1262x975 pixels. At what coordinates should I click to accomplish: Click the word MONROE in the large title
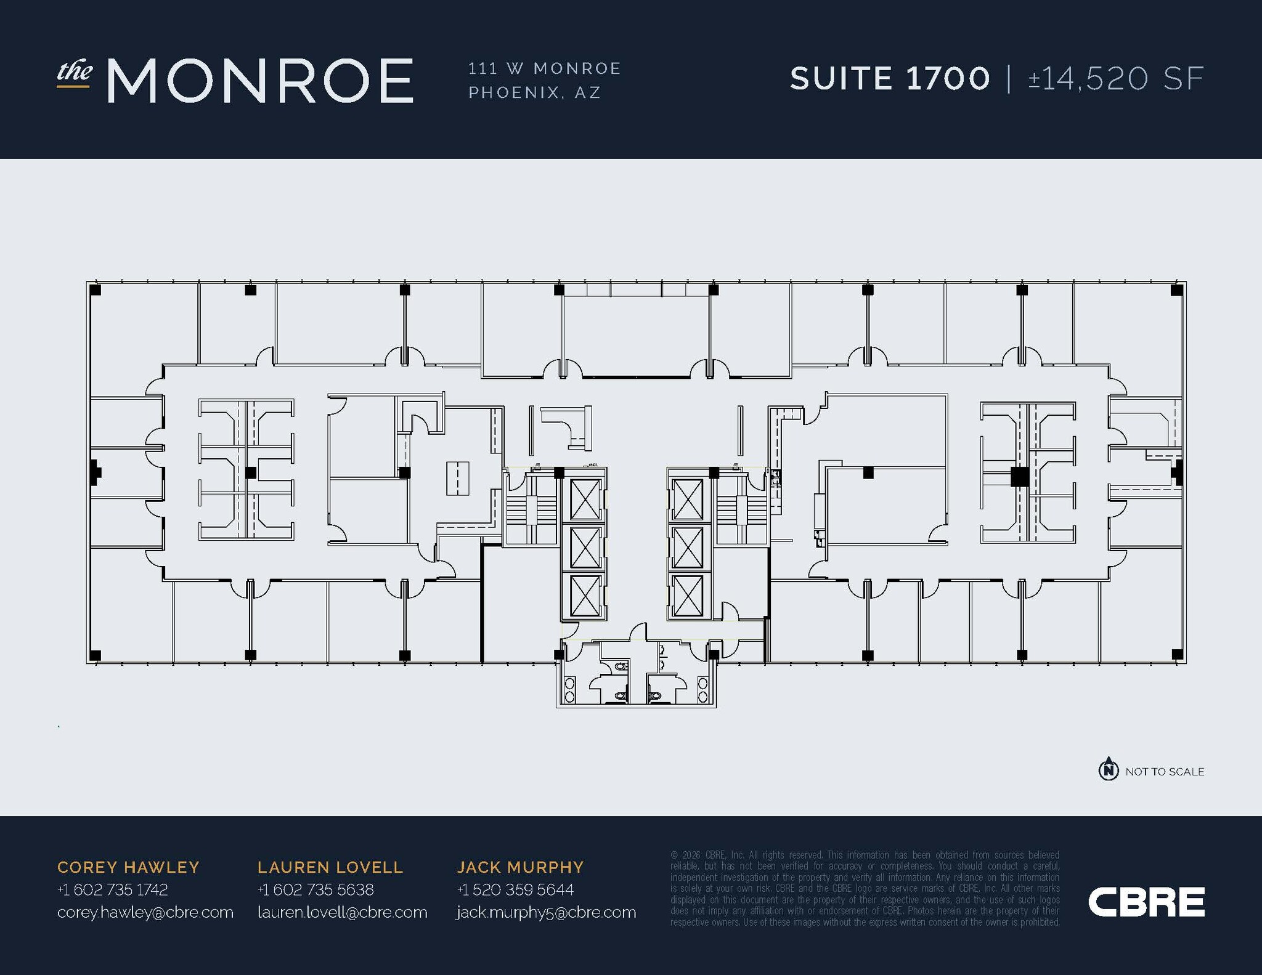pyautogui.click(x=260, y=80)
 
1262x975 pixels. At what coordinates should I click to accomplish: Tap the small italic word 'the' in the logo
pyautogui.click(x=75, y=72)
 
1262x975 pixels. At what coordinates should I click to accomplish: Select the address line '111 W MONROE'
pyautogui.click(x=545, y=68)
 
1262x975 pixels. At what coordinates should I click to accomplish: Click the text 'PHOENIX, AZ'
pyautogui.click(x=534, y=93)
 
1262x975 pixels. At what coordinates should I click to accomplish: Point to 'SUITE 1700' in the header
pyautogui.click(x=890, y=79)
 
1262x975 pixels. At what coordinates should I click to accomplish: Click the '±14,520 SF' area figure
pyautogui.click(x=1116, y=79)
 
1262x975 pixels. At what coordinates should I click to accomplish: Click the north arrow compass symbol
pyautogui.click(x=1109, y=769)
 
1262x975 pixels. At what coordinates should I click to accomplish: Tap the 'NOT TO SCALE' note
pyautogui.click(x=1165, y=772)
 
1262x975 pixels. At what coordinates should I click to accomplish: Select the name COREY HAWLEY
pyautogui.click(x=128, y=867)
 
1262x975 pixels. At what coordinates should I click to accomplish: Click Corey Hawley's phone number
pyautogui.click(x=112, y=889)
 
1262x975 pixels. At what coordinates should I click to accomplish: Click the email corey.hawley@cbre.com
pyautogui.click(x=145, y=912)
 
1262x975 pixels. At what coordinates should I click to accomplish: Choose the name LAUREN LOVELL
pyautogui.click(x=330, y=867)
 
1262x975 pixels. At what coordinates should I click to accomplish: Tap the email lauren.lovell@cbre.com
pyautogui.click(x=342, y=912)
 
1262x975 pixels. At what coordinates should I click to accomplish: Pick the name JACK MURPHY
pyautogui.click(x=520, y=867)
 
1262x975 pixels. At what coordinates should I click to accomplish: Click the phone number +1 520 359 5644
pyautogui.click(x=515, y=889)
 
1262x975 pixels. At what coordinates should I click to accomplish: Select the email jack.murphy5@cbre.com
pyautogui.click(x=546, y=913)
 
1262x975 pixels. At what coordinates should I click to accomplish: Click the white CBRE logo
pyautogui.click(x=1146, y=902)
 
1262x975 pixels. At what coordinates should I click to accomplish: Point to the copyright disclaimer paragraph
pyautogui.click(x=865, y=888)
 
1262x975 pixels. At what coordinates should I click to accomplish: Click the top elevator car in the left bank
pyautogui.click(x=585, y=500)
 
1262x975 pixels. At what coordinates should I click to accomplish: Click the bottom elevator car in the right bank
pyautogui.click(x=687, y=596)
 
